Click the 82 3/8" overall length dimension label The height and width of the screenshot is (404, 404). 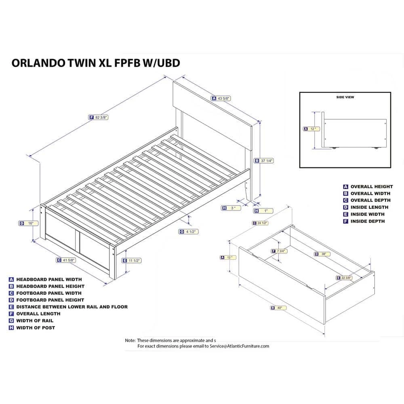99,117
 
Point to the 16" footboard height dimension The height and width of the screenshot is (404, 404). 30,223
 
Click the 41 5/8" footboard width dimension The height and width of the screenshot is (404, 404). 67,260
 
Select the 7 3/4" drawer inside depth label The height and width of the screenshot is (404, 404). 279,251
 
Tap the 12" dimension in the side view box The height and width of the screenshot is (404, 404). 311,129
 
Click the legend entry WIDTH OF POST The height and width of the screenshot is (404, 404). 36,328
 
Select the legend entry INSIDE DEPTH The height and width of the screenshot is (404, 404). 367,221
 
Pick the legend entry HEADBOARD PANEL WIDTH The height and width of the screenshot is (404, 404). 49,279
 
